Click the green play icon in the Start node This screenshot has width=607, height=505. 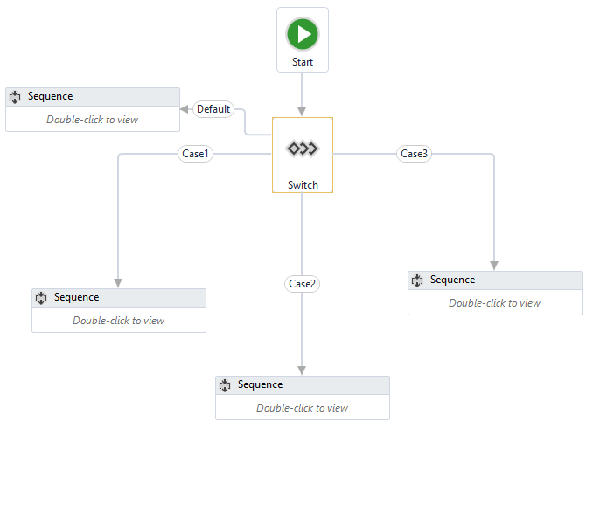303,35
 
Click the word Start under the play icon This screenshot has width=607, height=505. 303,63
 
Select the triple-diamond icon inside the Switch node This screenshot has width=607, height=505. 303,149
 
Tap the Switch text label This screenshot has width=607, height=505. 303,185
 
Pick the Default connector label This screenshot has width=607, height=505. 213,109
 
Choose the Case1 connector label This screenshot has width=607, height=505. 195,154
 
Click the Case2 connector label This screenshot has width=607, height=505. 303,284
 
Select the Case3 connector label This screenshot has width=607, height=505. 414,154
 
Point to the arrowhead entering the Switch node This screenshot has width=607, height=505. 303,112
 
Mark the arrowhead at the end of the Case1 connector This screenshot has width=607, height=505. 118,282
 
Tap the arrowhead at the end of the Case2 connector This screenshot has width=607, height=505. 303,370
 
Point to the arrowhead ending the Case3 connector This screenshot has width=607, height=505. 494,265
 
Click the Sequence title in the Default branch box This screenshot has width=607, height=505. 50,96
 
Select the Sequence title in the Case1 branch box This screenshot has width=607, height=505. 76,297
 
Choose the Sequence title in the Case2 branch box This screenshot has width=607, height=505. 260,384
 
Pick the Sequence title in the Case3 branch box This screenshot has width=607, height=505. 452,280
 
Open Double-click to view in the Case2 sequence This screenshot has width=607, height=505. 302,408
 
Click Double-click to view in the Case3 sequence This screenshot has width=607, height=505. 494,303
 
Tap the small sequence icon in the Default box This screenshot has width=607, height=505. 15,97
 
